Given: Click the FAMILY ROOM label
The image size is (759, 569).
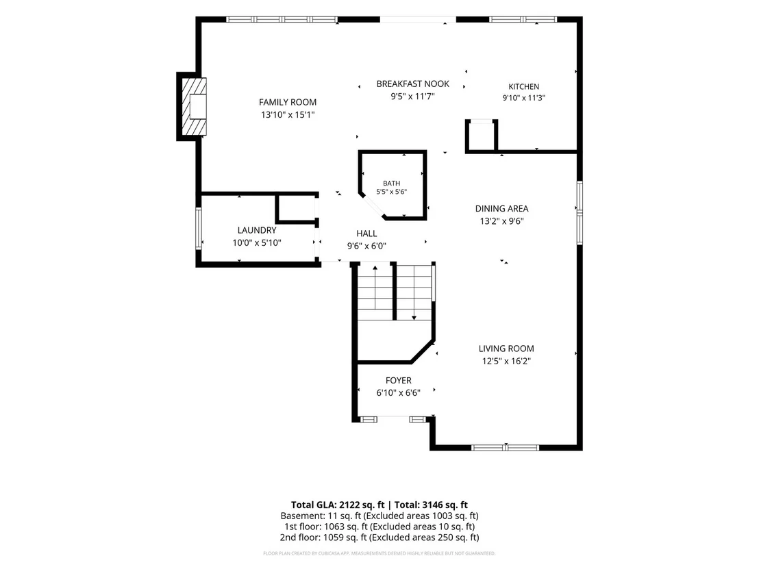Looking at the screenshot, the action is pos(288,102).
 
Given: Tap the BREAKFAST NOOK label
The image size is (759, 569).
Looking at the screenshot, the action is pos(413,84).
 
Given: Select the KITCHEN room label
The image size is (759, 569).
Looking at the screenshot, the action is pos(524,86).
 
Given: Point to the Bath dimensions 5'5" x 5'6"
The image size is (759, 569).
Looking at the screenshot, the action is pos(392,192).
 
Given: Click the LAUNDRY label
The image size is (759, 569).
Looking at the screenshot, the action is pos(257,230).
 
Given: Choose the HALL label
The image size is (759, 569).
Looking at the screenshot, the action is pos(366,233).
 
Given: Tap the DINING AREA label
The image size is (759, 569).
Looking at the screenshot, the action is pos(501,209).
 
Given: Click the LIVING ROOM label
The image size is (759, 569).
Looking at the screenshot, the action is pos(506,349).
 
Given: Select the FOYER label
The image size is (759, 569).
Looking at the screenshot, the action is pos(399,380).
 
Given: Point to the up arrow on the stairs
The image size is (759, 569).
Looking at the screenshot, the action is pos(375,288).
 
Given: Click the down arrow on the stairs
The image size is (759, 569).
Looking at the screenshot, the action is pos(414,293).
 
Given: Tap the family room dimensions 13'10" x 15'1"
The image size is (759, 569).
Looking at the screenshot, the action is pos(288,114).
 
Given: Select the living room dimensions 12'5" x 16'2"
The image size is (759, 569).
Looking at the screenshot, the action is pos(506,361).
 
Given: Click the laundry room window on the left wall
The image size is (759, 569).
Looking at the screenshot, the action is pos(199,229).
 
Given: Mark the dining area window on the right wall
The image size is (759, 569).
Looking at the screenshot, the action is pos(580,213).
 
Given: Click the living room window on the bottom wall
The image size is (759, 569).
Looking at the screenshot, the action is pos(505,448).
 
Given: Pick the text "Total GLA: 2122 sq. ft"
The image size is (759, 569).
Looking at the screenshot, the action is pos(338,505).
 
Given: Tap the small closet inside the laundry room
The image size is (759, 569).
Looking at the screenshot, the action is pos(296,208).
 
